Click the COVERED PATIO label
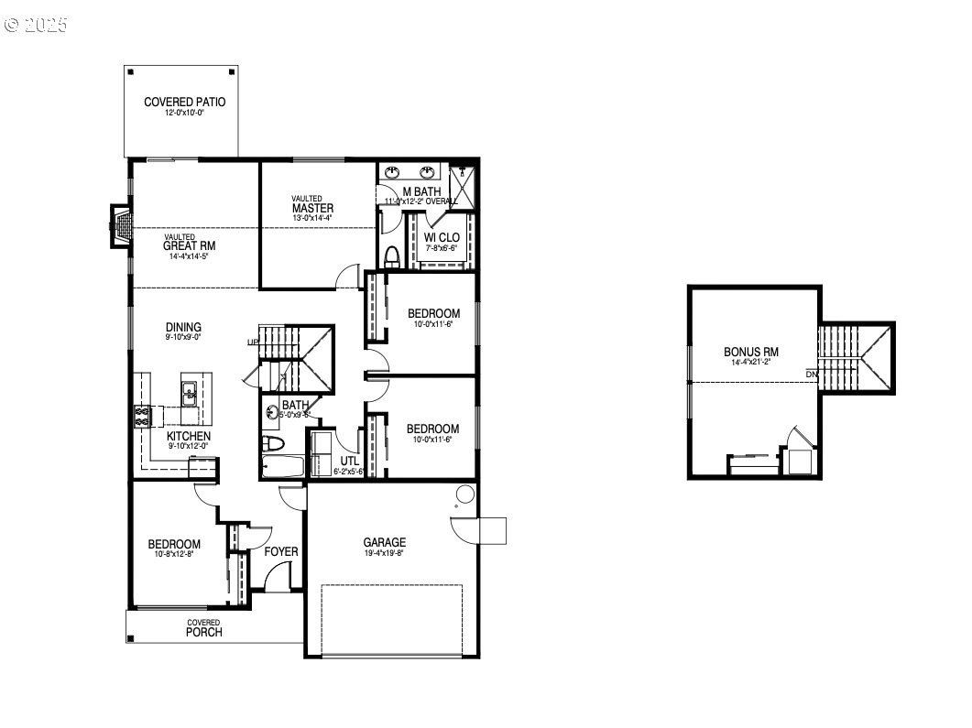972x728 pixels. point(184,103)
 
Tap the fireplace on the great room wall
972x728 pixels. point(120,226)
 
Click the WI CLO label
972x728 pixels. point(442,238)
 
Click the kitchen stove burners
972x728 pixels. point(143,417)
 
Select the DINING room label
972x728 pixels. point(183,327)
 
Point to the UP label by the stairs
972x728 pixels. point(252,342)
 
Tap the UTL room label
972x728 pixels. point(349,461)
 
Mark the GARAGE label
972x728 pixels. point(384,542)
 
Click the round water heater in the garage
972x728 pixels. point(465,495)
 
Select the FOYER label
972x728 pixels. point(280,551)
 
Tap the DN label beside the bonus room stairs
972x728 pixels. point(812,374)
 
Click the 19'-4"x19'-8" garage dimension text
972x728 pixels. point(384,553)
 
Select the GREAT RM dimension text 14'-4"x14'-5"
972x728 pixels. point(189,257)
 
